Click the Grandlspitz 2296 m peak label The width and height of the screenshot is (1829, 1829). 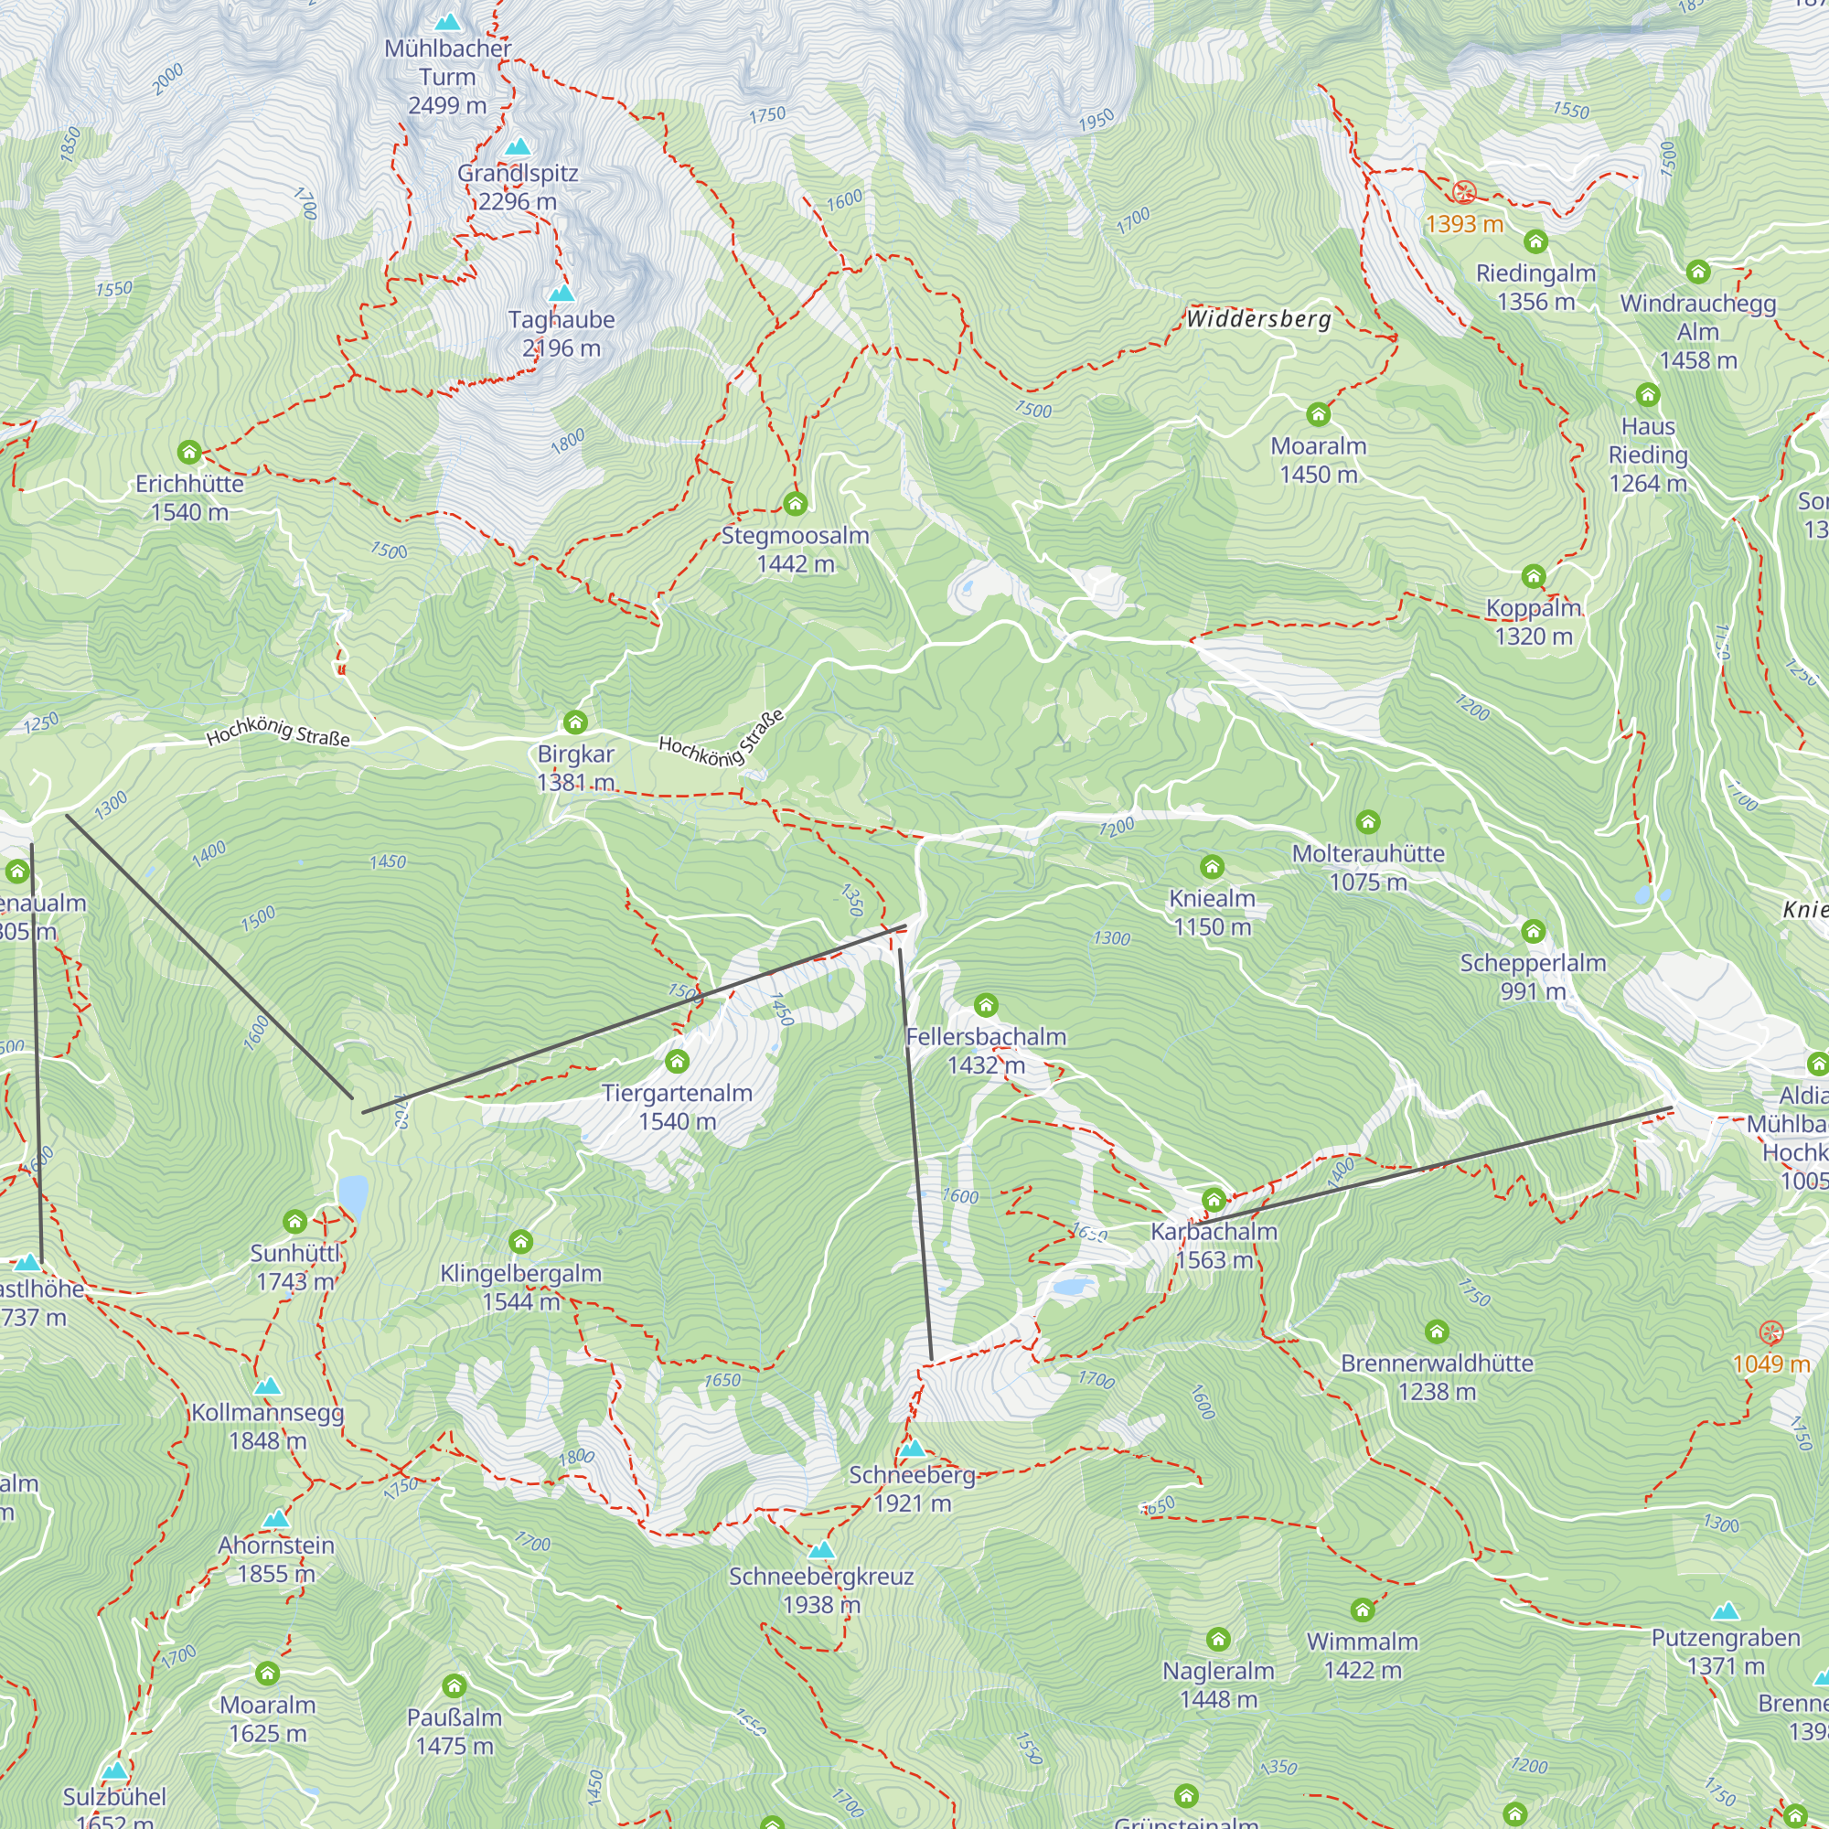tap(517, 187)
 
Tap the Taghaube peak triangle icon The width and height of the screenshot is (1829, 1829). tap(562, 294)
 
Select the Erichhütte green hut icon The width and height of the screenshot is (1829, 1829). tap(189, 452)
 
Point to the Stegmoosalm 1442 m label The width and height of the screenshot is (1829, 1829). tap(796, 550)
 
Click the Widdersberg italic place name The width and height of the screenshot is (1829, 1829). tap(1258, 319)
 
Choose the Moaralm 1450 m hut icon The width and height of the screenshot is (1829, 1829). tap(1318, 414)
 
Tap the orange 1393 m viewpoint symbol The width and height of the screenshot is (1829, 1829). tap(1463, 193)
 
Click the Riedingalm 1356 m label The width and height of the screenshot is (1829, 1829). tap(1535, 288)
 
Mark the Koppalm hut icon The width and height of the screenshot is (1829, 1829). tap(1533, 576)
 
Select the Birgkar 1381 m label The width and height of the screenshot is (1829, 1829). tap(575, 768)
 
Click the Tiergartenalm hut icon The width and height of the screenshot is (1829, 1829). tap(677, 1061)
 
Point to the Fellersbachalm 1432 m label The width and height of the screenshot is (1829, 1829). tap(986, 1051)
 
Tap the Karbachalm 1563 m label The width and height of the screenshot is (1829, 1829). tap(1214, 1246)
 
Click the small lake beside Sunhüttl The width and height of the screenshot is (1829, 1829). tap(353, 1194)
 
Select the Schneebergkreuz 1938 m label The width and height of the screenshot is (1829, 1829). tap(821, 1590)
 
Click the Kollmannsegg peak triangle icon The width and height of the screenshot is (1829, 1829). tap(268, 1387)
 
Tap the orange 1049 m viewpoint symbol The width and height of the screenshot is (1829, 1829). tap(1770, 1333)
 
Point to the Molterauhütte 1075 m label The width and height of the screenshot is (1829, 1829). tap(1368, 867)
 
